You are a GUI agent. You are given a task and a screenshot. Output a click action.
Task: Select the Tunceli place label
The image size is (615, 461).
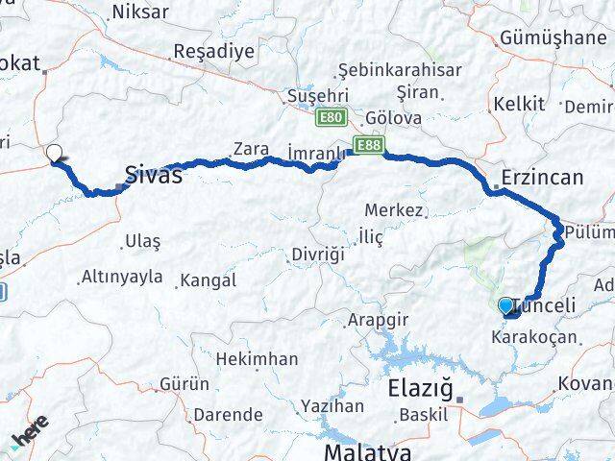tap(547, 306)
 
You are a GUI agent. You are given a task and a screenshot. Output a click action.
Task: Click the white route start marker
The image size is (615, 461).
tap(54, 152)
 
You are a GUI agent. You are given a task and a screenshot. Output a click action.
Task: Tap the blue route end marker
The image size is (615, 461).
tap(506, 306)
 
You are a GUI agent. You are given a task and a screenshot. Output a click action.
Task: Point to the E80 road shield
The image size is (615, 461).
tap(329, 116)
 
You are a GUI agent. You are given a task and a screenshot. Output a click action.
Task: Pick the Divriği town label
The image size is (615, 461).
tap(317, 255)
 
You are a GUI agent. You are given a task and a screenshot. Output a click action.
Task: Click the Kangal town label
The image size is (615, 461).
tap(209, 280)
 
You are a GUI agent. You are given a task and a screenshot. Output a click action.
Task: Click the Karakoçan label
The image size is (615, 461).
tap(533, 337)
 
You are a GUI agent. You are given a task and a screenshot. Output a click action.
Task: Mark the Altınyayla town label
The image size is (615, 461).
tap(122, 277)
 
